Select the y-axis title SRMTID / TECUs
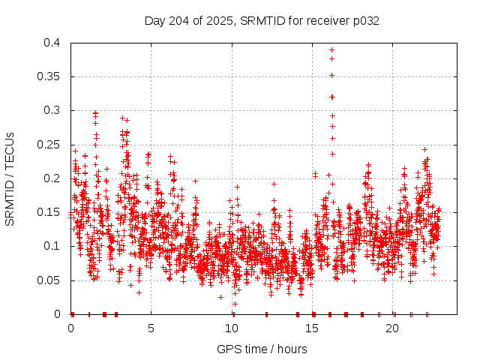pyautogui.click(x=10, y=178)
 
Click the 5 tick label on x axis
pyautogui.click(x=151, y=328)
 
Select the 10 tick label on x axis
pyautogui.click(x=232, y=328)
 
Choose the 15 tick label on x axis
pyautogui.click(x=313, y=328)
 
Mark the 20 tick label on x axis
pyautogui.click(x=394, y=328)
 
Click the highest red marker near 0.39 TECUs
pyautogui.click(x=331, y=49)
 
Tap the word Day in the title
pyautogui.click(x=154, y=20)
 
